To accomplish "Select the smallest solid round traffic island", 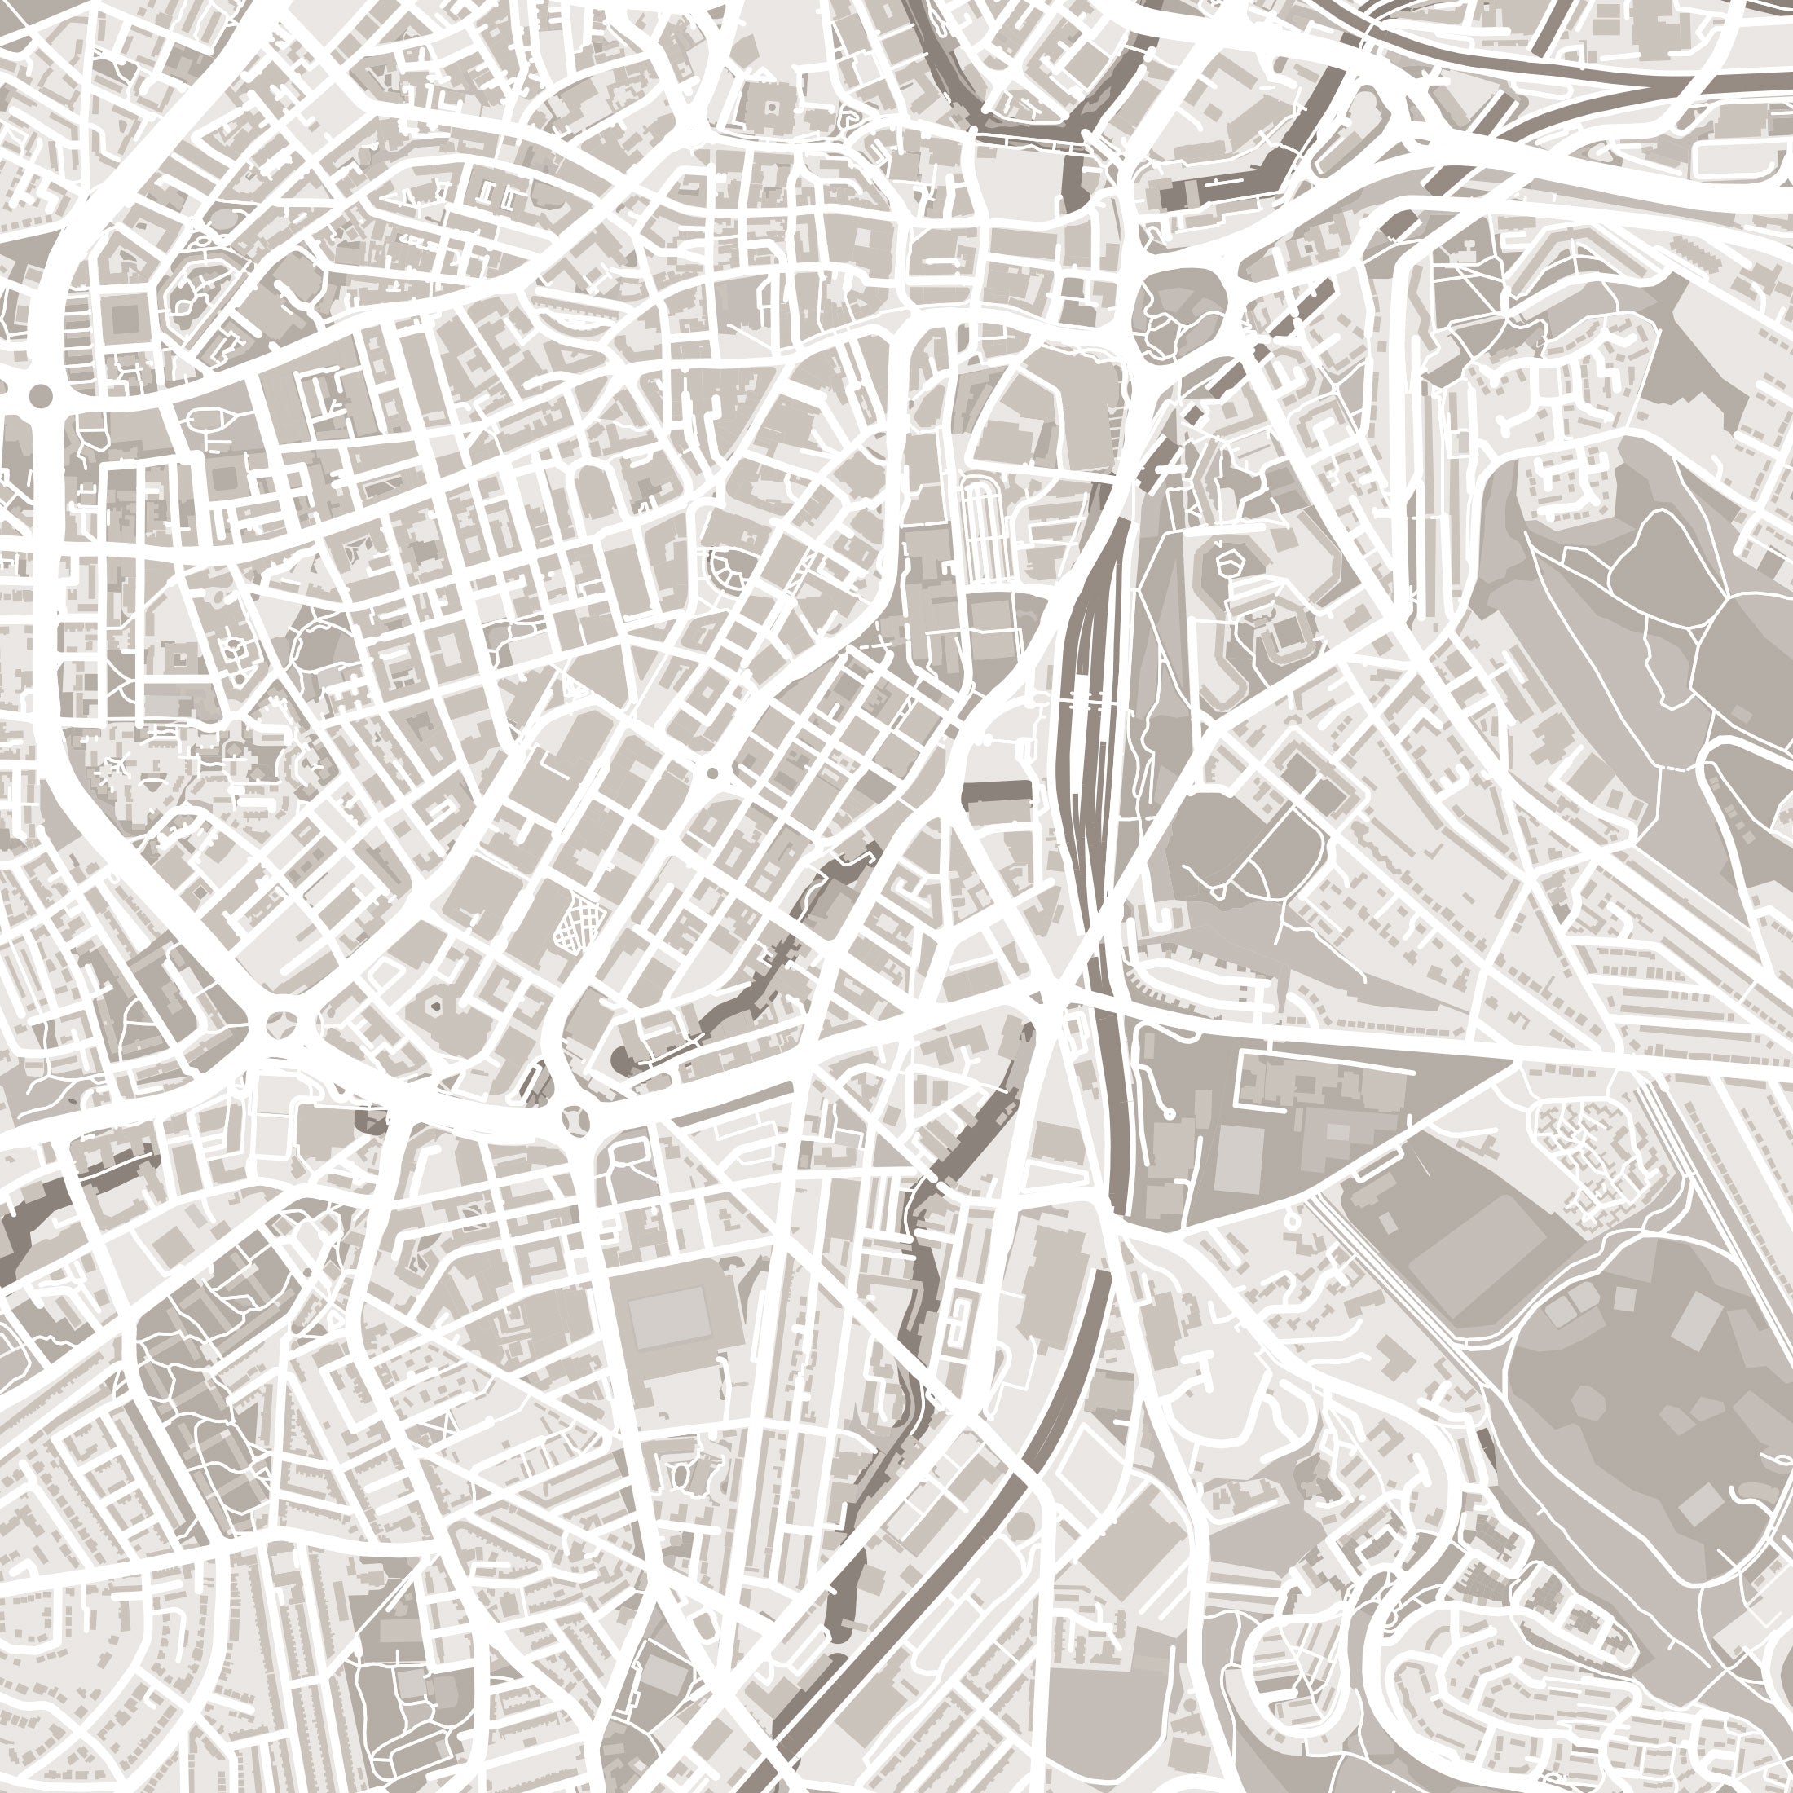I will point(713,772).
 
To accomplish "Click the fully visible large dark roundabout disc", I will point(41,397).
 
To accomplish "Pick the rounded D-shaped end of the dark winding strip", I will point(620,1059).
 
